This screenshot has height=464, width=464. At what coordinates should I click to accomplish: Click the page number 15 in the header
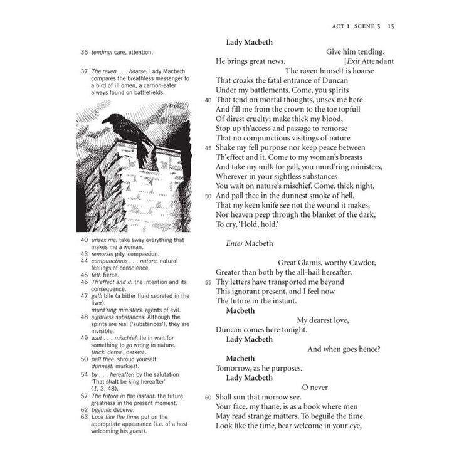coord(390,26)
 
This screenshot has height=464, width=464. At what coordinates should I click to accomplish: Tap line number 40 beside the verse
coord(208,99)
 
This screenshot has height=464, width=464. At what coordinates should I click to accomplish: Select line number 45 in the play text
coord(208,148)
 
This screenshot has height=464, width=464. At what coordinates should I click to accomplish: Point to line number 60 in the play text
coord(208,397)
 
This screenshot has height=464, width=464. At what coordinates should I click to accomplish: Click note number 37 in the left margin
coord(83,71)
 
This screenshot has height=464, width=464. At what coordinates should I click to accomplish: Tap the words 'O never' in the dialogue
coord(315,388)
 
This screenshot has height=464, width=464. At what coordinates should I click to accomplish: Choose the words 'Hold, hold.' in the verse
coord(254,224)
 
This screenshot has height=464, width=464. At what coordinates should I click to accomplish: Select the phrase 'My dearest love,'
coord(323,320)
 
